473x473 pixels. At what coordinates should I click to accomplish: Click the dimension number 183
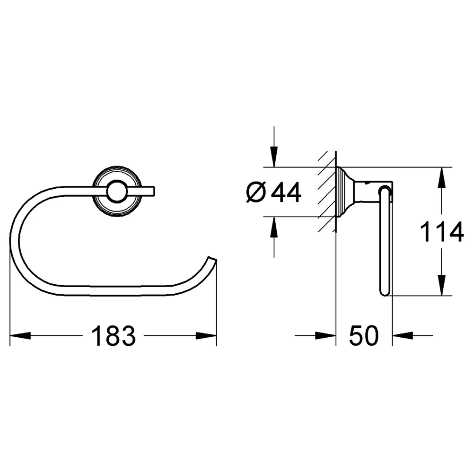(114, 336)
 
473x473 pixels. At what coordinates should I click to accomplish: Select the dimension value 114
(442, 232)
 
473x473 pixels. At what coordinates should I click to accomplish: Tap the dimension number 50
(364, 336)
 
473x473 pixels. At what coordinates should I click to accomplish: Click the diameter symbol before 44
(256, 192)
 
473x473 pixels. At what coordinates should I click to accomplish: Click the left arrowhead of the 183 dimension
(20, 335)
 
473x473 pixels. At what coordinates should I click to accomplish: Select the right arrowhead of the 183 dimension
(206, 335)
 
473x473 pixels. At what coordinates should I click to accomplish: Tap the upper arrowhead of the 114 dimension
(441, 177)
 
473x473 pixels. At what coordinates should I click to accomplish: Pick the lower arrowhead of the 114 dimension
(441, 285)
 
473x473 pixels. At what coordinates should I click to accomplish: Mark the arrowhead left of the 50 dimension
(325, 335)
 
